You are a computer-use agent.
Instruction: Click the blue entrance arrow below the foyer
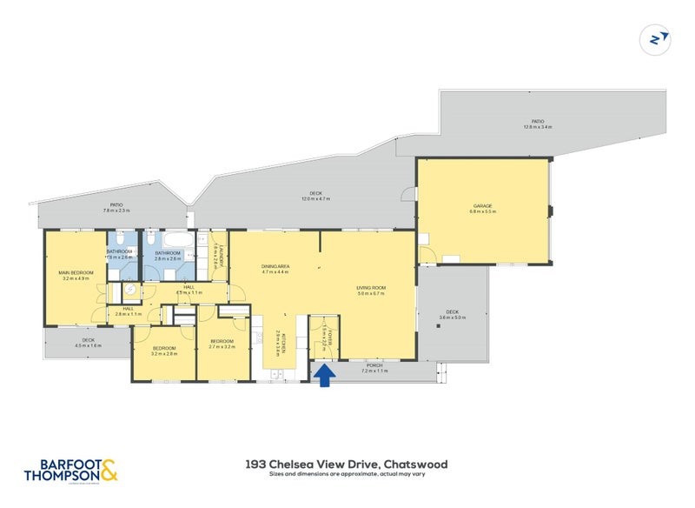coord(326,376)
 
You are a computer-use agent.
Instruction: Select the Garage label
coord(482,206)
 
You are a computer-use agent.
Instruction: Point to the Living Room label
coord(371,288)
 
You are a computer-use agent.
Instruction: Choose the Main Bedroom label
coord(75,273)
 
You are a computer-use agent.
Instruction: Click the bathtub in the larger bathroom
coord(170,237)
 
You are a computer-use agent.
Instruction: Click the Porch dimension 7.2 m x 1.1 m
coord(374,371)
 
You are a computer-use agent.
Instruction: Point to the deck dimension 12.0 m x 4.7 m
coord(317,199)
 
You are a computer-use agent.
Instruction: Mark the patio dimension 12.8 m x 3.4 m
coord(539,127)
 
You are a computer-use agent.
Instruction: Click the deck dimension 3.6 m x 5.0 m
coord(453,317)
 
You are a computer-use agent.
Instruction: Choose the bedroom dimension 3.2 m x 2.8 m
coord(164,354)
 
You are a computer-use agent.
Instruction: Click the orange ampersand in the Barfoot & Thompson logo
coord(109,471)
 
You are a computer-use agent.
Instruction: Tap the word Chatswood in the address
coord(415,465)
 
